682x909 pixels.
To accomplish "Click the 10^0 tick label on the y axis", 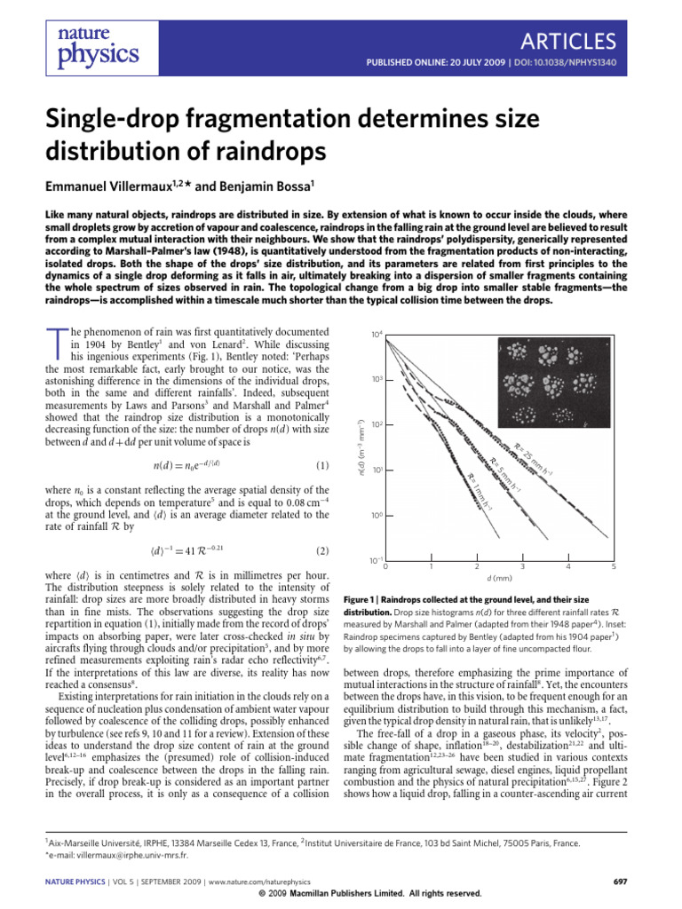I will click(x=376, y=515).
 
